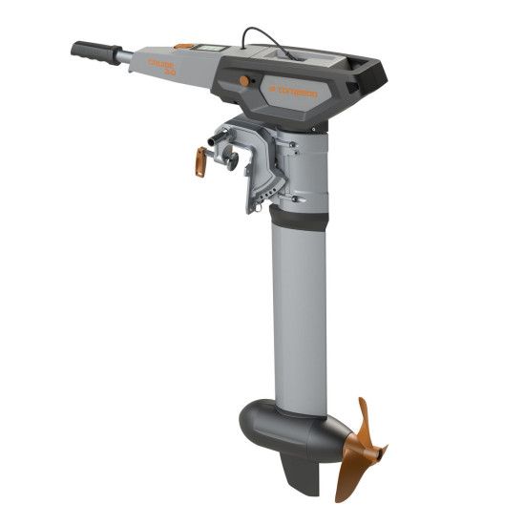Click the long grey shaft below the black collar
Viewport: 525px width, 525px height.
(299, 315)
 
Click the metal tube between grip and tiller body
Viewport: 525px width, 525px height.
(127, 56)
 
